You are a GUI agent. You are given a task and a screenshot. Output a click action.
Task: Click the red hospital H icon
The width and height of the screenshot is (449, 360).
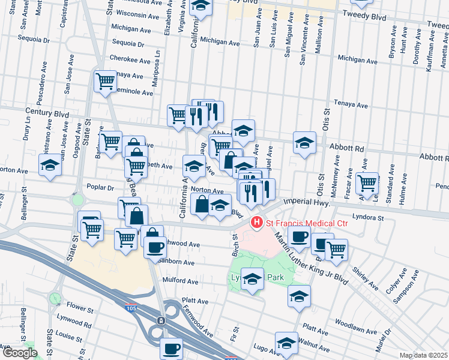coord(257,223)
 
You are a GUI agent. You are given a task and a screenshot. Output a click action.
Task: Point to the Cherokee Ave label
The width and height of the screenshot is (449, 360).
coord(130,59)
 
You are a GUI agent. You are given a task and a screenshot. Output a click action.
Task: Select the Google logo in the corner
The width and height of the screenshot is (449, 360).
coord(19,352)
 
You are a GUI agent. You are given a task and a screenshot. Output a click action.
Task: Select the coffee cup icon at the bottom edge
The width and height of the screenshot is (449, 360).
coord(171,348)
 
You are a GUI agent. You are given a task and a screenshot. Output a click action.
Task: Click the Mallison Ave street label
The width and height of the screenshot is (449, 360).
coord(320,35)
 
